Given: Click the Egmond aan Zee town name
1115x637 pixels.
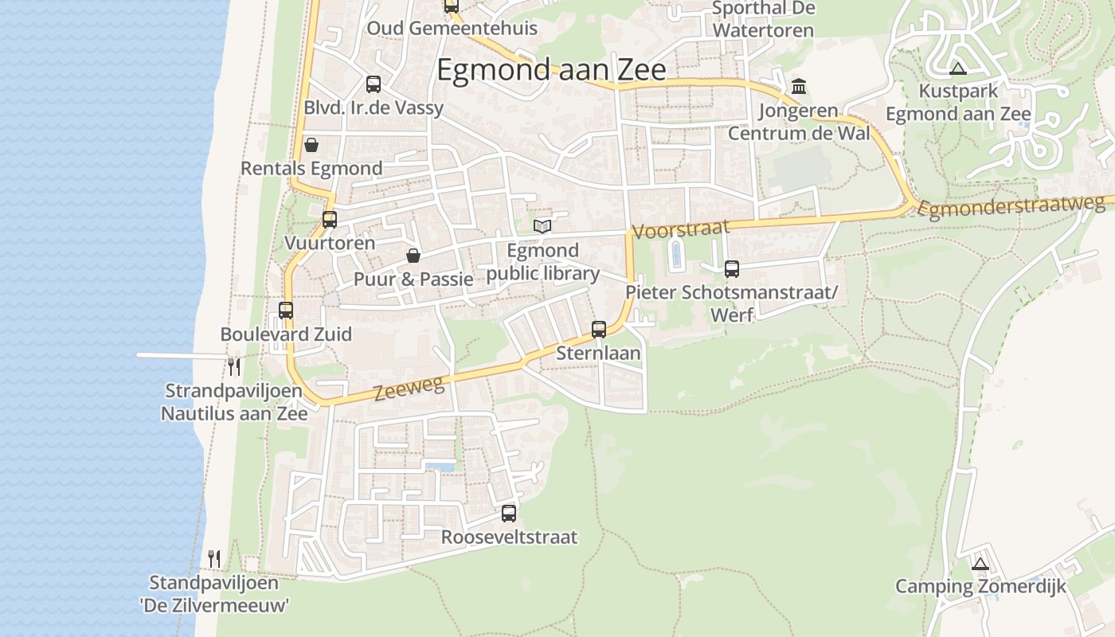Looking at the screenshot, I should pos(551,70).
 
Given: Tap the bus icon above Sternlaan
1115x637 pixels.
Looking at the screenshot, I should pos(599,329).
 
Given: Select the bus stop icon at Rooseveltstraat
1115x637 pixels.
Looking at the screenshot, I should pos(509,514).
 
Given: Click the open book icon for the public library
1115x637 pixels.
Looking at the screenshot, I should pos(542,226).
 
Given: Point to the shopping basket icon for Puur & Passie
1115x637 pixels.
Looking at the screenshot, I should pos(413,256).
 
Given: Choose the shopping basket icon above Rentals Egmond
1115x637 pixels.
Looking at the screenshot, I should pos(311,145).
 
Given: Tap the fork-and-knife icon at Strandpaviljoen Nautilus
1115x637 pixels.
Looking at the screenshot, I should pos(234,366).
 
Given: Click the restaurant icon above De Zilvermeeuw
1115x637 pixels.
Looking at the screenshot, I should pos(213,559).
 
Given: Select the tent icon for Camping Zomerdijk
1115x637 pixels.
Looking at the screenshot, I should pos(980,564).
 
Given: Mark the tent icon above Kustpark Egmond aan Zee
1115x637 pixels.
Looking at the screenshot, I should pos(958,68).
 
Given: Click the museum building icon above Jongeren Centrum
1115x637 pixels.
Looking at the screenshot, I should pos(798,86).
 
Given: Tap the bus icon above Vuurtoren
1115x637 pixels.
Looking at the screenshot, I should pos(330,220).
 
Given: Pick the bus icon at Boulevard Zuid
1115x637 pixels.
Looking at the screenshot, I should pos(286,311).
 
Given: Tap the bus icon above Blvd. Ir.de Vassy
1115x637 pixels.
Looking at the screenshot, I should pos(374,84).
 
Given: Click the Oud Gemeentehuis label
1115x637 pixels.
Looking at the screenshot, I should pos(452,29).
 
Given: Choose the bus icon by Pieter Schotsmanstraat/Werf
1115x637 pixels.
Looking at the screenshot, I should pos(732,269).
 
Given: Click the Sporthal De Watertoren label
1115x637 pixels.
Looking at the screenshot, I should pos(763,20).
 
